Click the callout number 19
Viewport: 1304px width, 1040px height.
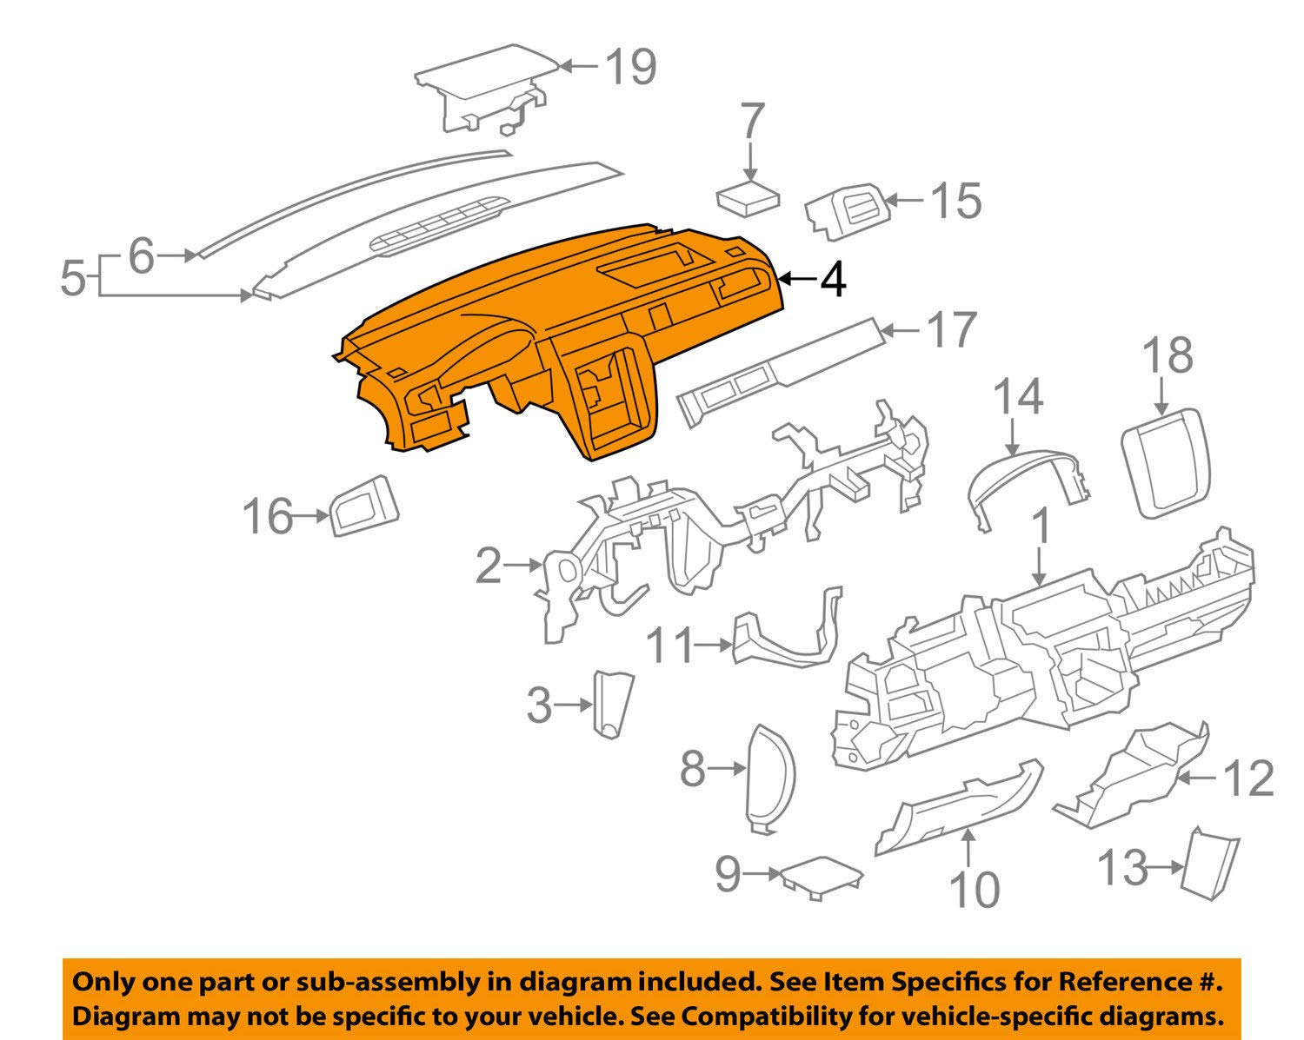point(630,67)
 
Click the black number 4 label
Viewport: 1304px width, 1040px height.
point(833,280)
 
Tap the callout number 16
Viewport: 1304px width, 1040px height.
point(267,516)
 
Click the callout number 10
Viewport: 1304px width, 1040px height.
point(974,888)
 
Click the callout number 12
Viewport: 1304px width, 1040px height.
point(1248,778)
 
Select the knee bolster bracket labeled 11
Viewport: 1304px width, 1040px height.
point(787,639)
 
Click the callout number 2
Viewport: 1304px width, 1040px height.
point(489,566)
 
